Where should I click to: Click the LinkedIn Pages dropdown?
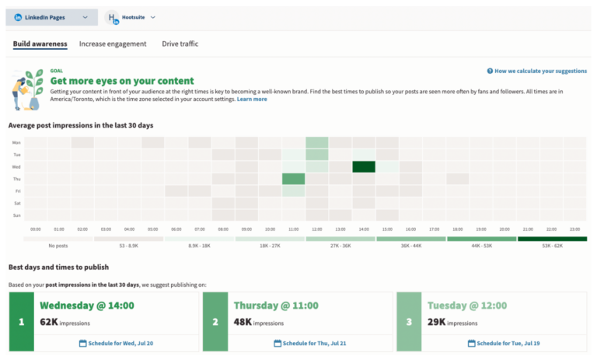click(51, 17)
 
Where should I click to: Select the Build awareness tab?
click(40, 44)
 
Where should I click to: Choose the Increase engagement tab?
click(113, 44)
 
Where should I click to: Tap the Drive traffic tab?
click(180, 44)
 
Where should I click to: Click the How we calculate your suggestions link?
click(536, 71)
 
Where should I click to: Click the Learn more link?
click(252, 100)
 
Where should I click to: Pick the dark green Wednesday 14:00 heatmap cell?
click(363, 166)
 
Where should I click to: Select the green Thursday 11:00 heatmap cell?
click(293, 179)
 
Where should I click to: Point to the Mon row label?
click(16, 143)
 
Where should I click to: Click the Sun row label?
click(16, 215)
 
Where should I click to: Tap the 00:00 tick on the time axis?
click(35, 229)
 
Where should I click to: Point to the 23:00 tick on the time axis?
click(574, 229)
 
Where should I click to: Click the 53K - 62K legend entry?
click(552, 246)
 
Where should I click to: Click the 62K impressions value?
click(49, 320)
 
